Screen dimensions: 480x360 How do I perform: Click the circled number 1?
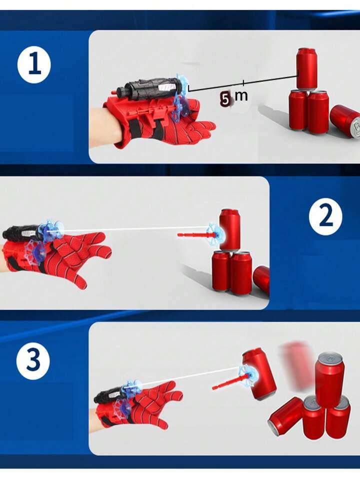[x=34, y=66]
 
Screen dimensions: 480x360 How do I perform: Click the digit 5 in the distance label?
[x=226, y=99]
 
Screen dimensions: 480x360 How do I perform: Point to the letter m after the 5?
[x=241, y=96]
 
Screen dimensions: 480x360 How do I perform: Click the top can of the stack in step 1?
[x=306, y=68]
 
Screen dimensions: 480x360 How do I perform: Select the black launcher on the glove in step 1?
[x=147, y=88]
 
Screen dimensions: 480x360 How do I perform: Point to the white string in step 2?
[x=135, y=229]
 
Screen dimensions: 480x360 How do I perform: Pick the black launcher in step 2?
[x=22, y=232]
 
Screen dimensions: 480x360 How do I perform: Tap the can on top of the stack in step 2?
[x=229, y=229]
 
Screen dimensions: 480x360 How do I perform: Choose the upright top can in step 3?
[x=329, y=378]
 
